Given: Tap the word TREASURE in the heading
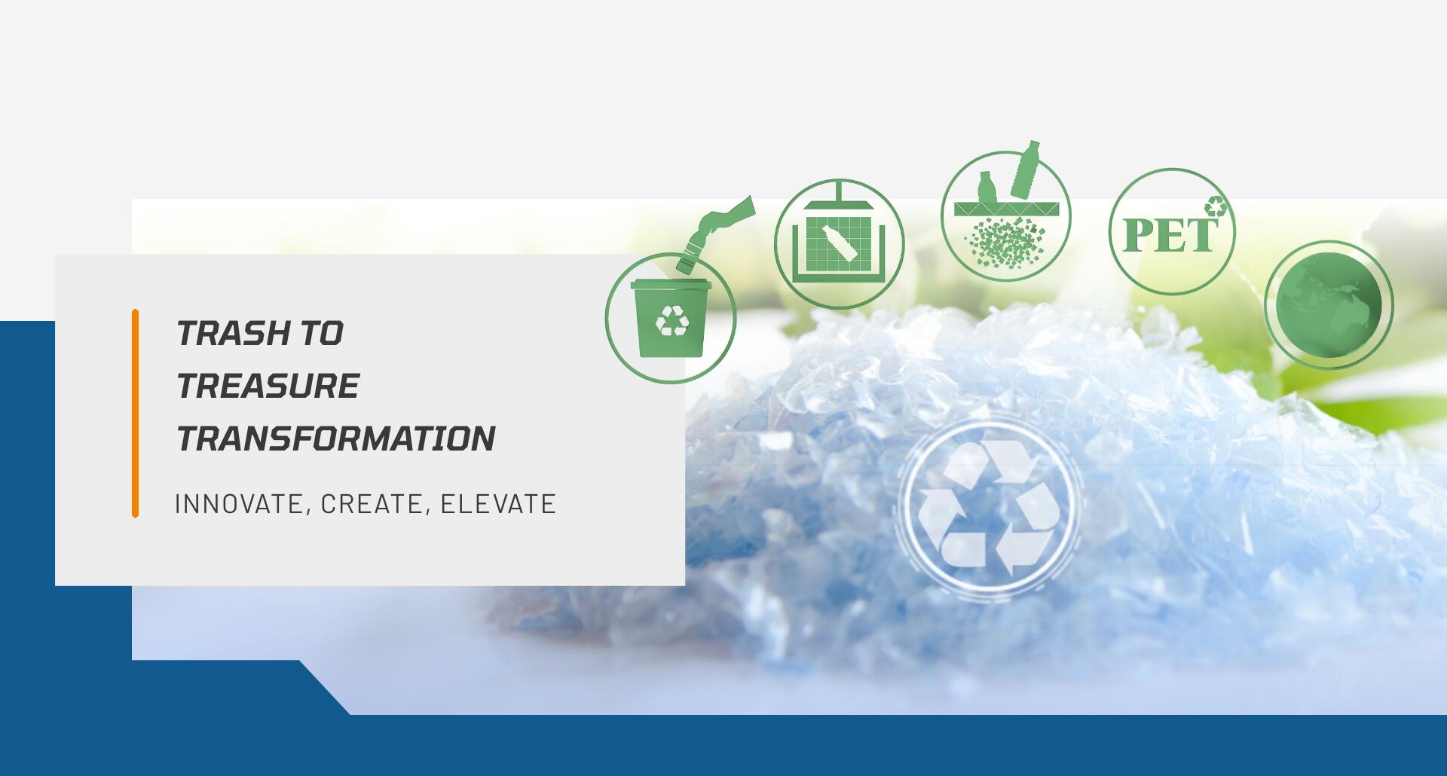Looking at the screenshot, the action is (268, 386).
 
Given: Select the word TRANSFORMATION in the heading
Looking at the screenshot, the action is (336, 438).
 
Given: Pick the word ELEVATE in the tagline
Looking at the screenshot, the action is (498, 504).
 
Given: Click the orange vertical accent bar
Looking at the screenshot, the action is (135, 414).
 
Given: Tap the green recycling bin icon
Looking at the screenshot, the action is (671, 317).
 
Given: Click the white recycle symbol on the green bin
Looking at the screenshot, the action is (671, 320).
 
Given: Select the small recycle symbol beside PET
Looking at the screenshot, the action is (1216, 206).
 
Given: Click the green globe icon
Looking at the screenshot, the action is (1329, 304).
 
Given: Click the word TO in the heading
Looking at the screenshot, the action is (322, 333).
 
